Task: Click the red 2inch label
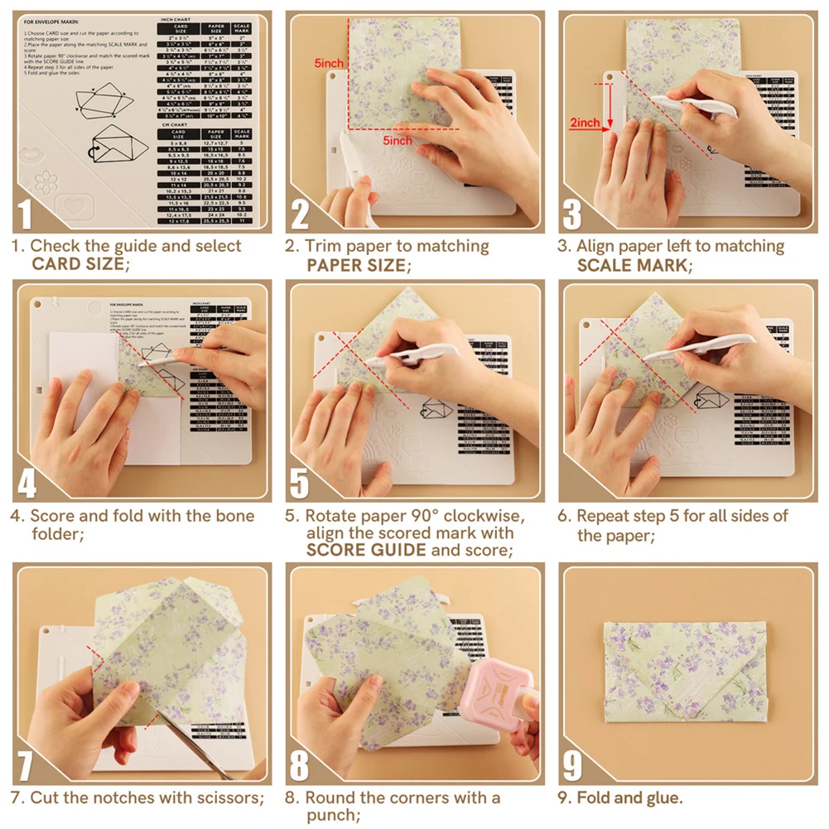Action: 585,123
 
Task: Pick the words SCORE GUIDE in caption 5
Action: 366,550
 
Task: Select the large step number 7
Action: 27,765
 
